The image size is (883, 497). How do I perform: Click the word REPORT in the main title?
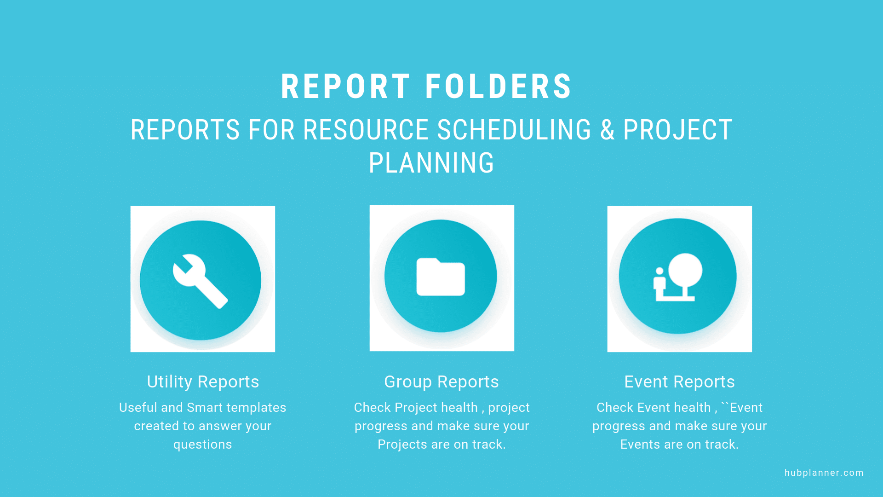coord(345,87)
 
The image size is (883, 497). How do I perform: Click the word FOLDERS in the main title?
coord(499,87)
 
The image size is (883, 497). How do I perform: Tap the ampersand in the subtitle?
coord(607,130)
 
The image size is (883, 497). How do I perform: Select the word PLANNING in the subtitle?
coord(431,163)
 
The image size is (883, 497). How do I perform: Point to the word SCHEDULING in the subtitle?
coord(514,130)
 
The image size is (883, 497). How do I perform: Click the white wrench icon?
coord(200,281)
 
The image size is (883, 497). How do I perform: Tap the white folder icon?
coord(441,277)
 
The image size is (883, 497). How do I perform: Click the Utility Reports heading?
coord(203,382)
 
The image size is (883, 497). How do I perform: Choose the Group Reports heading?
coord(441,382)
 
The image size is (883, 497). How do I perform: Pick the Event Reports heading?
coord(679,382)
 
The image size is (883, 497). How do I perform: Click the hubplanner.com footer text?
coord(824,473)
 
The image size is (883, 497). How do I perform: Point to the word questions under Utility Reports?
coord(203,445)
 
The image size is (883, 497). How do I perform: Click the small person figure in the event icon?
coord(659,280)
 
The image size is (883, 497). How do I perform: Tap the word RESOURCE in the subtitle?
coord(366,130)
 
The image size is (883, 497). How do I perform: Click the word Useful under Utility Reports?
coord(138,408)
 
